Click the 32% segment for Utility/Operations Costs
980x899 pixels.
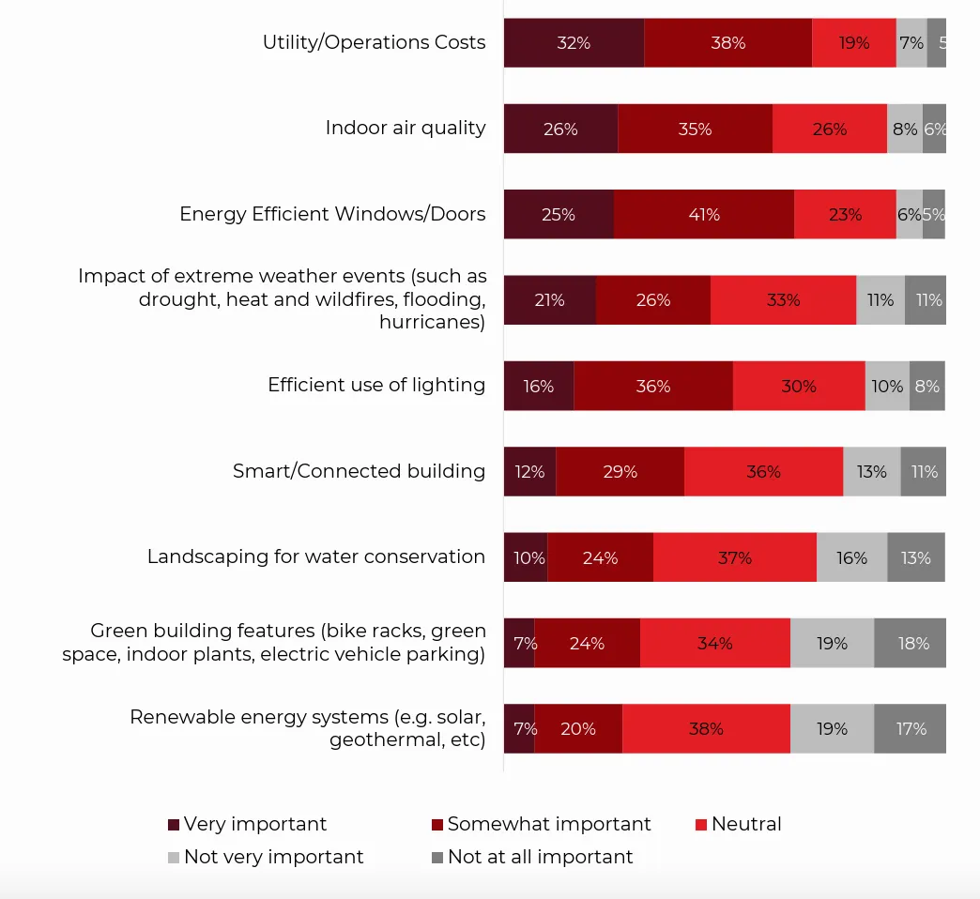574,42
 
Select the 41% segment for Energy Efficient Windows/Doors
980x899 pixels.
704,214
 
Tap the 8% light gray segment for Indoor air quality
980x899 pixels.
905,129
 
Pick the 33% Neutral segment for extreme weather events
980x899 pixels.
783,300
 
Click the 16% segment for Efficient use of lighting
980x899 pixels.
539,386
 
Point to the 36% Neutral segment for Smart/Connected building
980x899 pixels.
763,471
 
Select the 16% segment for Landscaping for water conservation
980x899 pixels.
851,557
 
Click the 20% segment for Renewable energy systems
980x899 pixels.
578,728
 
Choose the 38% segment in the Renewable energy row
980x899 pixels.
706,728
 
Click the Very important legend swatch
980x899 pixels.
174,825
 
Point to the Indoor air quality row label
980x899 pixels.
406,128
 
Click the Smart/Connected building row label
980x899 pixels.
359,471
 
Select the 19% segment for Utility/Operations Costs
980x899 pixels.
854,42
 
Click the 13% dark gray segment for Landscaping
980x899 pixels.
915,557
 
